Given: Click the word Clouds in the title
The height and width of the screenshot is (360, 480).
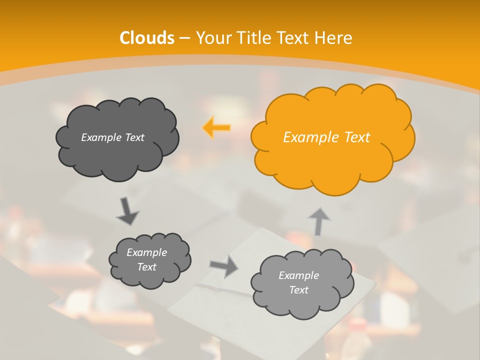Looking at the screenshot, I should pyautogui.click(x=147, y=38).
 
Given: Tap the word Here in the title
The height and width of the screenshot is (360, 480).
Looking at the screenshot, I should pyautogui.click(x=335, y=38).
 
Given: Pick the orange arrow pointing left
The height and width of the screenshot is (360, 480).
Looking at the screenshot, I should pyautogui.click(x=217, y=127).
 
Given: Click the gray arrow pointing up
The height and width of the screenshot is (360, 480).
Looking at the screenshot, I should pyautogui.click(x=318, y=221).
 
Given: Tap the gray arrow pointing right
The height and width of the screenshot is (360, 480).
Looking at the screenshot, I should pyautogui.click(x=224, y=266).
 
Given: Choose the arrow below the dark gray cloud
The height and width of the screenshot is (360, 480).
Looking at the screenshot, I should pyautogui.click(x=128, y=211).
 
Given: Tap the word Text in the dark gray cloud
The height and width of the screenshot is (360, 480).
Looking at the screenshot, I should pyautogui.click(x=134, y=137).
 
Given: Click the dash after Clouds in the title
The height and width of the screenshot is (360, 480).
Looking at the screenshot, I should pyautogui.click(x=184, y=38).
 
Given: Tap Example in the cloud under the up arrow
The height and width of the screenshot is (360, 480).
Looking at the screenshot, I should pyautogui.click(x=298, y=275).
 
